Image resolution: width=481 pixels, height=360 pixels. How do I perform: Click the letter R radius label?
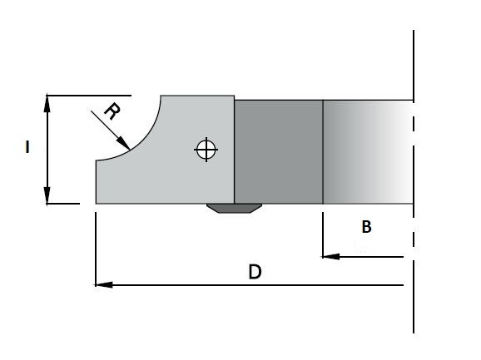[112, 111]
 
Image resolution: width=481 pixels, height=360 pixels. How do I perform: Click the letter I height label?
[27, 147]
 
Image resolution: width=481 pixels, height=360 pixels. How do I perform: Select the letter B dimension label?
[367, 227]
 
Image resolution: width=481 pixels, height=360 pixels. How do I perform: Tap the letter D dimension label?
[255, 272]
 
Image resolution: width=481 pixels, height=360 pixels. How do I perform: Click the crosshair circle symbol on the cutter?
[206, 150]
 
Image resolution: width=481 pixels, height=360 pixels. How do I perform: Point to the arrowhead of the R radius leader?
[123, 143]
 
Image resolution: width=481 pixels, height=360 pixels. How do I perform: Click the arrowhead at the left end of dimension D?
[103, 285]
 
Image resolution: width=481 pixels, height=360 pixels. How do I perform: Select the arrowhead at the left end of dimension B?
[330, 256]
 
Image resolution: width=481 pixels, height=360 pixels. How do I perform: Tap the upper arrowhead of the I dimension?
[47, 104]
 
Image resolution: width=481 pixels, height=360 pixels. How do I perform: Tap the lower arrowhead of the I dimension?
[47, 195]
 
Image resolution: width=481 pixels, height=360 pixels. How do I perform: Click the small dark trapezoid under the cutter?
[234, 209]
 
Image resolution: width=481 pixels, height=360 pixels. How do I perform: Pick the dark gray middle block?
[279, 152]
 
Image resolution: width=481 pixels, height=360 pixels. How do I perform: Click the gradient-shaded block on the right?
[368, 152]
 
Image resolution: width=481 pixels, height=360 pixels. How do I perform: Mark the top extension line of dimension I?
[89, 96]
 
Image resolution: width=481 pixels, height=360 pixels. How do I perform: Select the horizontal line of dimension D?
[249, 285]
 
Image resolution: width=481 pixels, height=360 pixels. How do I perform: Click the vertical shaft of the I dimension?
[47, 150]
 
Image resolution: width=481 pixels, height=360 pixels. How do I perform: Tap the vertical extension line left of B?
[323, 234]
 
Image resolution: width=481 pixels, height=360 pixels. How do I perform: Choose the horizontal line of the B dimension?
[363, 257]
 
